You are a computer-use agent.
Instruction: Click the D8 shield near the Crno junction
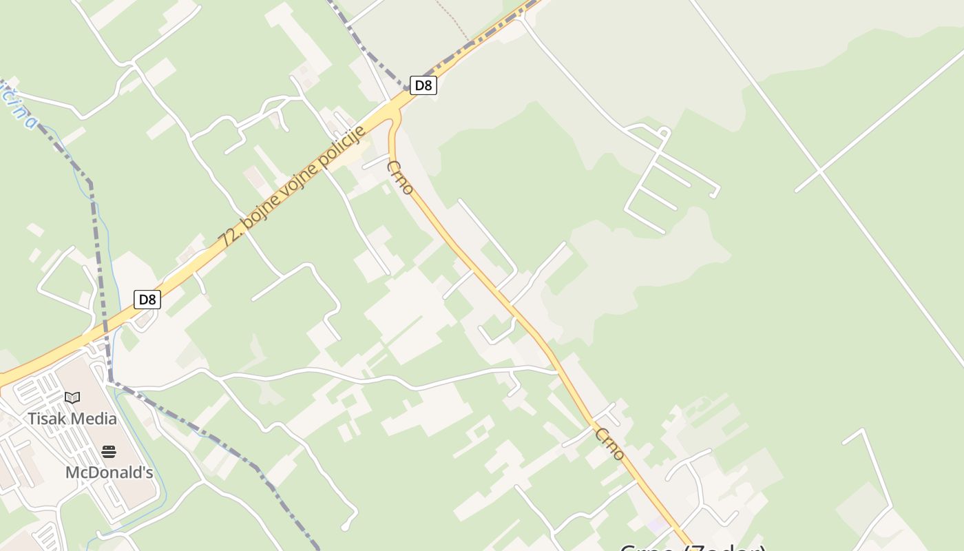click(423, 85)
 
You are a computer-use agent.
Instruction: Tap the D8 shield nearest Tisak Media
click(147, 300)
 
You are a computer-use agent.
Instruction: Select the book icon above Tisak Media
click(72, 397)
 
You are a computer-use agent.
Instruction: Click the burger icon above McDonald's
click(109, 452)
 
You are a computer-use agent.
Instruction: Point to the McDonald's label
click(109, 472)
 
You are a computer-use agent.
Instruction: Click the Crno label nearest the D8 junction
click(400, 178)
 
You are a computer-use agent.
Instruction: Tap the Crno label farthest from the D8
click(610, 444)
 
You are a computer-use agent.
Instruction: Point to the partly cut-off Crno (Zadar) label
click(692, 547)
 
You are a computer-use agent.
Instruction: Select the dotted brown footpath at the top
click(453, 17)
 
